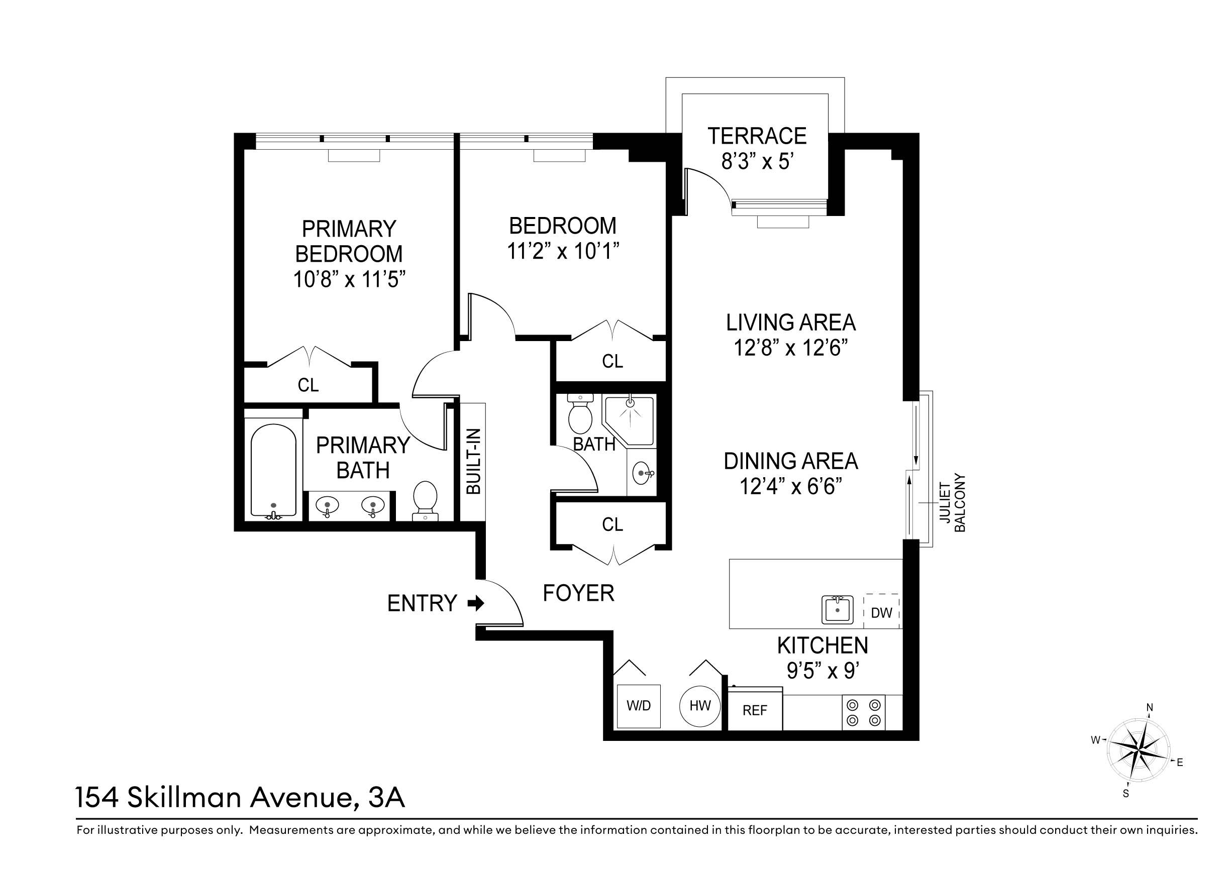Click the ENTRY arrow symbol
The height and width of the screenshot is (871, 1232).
point(476,603)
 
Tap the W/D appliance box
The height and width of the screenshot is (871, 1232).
point(639,706)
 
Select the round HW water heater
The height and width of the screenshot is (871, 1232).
point(700,706)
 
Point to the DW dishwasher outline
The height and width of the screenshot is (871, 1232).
point(882,611)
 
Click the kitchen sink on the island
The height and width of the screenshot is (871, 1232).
point(838,610)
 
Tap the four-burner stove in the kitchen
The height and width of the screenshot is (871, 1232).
point(863,712)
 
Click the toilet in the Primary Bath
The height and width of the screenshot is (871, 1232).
point(425,500)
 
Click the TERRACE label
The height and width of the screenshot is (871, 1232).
point(757,136)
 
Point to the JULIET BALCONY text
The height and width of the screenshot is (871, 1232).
point(952,502)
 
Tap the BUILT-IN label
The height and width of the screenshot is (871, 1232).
point(474,461)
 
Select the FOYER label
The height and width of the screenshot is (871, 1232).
point(578,593)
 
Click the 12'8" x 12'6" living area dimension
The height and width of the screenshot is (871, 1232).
point(790,348)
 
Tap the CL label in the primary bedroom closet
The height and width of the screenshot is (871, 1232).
point(308,385)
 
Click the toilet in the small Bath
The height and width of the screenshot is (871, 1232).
point(580,414)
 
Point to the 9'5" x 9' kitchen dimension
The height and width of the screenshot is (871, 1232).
point(823,671)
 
